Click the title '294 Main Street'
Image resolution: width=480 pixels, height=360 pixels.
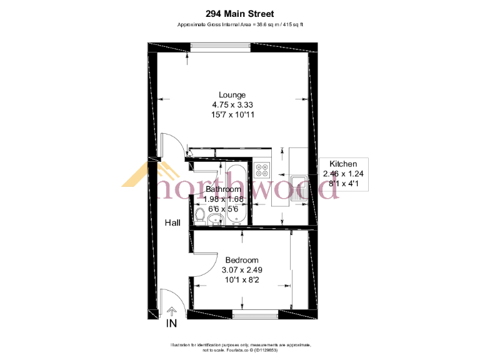click(x=240, y=13)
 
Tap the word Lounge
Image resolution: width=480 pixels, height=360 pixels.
click(x=223, y=95)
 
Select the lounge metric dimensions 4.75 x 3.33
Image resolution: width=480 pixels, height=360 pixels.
click(x=223, y=105)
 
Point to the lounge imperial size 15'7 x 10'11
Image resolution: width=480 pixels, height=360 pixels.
click(x=223, y=115)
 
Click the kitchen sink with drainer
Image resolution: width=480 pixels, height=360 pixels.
click(x=302, y=184)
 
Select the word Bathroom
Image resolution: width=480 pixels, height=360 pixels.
click(x=223, y=189)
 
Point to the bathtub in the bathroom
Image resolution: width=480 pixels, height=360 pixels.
click(x=236, y=194)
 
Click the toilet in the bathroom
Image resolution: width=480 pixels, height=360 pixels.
click(x=200, y=216)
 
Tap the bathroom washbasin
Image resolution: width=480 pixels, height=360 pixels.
click(x=216, y=218)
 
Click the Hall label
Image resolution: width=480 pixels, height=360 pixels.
click(x=172, y=222)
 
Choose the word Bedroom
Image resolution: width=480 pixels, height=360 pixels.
click(x=242, y=260)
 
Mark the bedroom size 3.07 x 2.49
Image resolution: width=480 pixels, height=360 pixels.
click(x=242, y=270)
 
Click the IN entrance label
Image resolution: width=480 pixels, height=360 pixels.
click(x=172, y=324)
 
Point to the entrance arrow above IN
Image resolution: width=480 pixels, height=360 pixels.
click(x=172, y=311)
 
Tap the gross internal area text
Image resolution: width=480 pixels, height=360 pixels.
click(x=241, y=24)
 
